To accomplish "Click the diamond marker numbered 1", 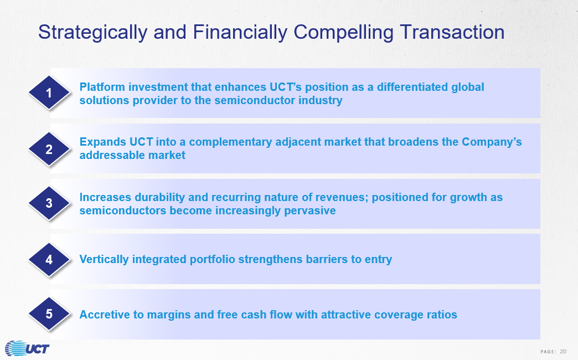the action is click(x=49, y=92).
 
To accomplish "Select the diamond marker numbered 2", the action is click(x=49, y=149).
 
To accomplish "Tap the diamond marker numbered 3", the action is click(x=49, y=203).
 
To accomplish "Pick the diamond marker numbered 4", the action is click(x=49, y=260).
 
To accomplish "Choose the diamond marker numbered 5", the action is click(x=49, y=314).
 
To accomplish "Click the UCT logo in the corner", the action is click(x=27, y=348).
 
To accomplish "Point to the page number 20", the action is click(x=563, y=352).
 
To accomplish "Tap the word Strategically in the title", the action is click(x=93, y=33).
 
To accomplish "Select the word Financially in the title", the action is click(x=240, y=33).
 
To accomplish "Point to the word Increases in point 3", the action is click(x=105, y=197).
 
